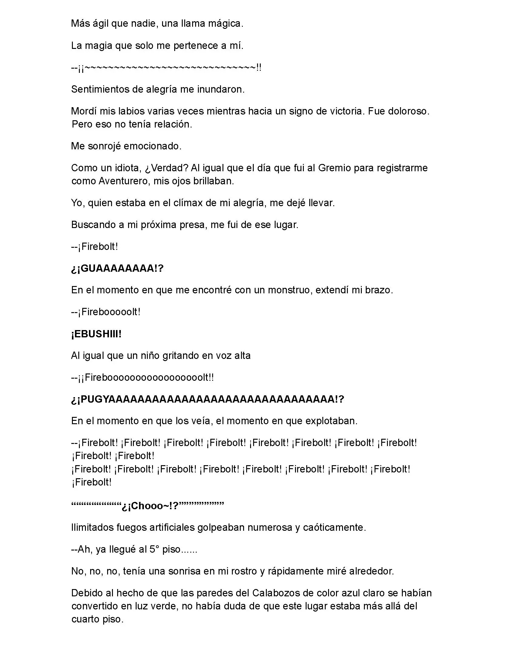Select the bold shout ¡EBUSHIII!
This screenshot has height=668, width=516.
96,334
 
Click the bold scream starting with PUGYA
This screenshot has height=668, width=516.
208,399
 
